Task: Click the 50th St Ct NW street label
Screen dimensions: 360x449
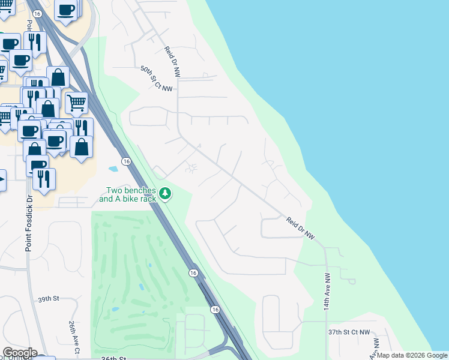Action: tap(156, 79)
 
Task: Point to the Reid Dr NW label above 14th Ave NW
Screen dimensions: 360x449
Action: tap(300, 229)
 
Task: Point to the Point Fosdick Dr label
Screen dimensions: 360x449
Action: tap(28, 223)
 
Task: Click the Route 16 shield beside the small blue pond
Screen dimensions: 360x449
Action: tap(126, 161)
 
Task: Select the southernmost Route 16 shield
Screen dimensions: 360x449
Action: tap(214, 309)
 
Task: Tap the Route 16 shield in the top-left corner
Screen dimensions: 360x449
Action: tap(37, 13)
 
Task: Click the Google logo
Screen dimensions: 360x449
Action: tap(19, 353)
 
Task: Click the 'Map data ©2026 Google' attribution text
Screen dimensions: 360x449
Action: tap(412, 355)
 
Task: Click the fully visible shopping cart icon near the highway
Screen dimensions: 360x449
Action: tap(76, 102)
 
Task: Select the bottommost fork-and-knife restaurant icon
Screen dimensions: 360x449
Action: tap(44, 179)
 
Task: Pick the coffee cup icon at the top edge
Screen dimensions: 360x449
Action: tap(65, 9)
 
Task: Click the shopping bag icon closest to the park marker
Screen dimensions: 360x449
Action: tap(82, 146)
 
